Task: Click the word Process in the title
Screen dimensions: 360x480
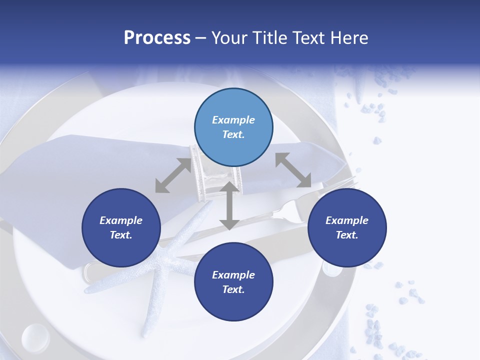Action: [157, 38]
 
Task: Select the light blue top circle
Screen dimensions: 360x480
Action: [233, 127]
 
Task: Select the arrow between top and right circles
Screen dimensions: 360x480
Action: [293, 170]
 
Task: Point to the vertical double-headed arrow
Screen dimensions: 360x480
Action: [229, 205]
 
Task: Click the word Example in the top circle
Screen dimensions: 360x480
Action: [233, 120]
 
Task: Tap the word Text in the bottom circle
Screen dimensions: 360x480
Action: [232, 289]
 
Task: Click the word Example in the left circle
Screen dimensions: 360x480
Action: [121, 220]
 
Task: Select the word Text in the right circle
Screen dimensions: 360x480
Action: [346, 235]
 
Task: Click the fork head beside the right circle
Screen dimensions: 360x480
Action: [295, 210]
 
